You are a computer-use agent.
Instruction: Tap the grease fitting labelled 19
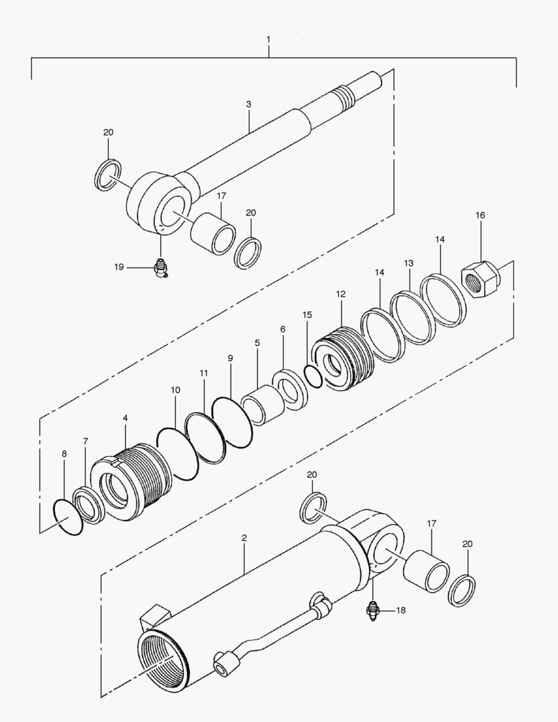coord(161,268)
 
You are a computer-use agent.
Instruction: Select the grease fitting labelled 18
coord(373,610)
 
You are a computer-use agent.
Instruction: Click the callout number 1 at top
coord(269,40)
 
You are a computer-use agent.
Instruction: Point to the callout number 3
coord(249,104)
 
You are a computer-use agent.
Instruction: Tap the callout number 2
coord(245,537)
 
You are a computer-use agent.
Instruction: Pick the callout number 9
coord(231,358)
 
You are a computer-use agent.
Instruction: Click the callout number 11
coord(204,372)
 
